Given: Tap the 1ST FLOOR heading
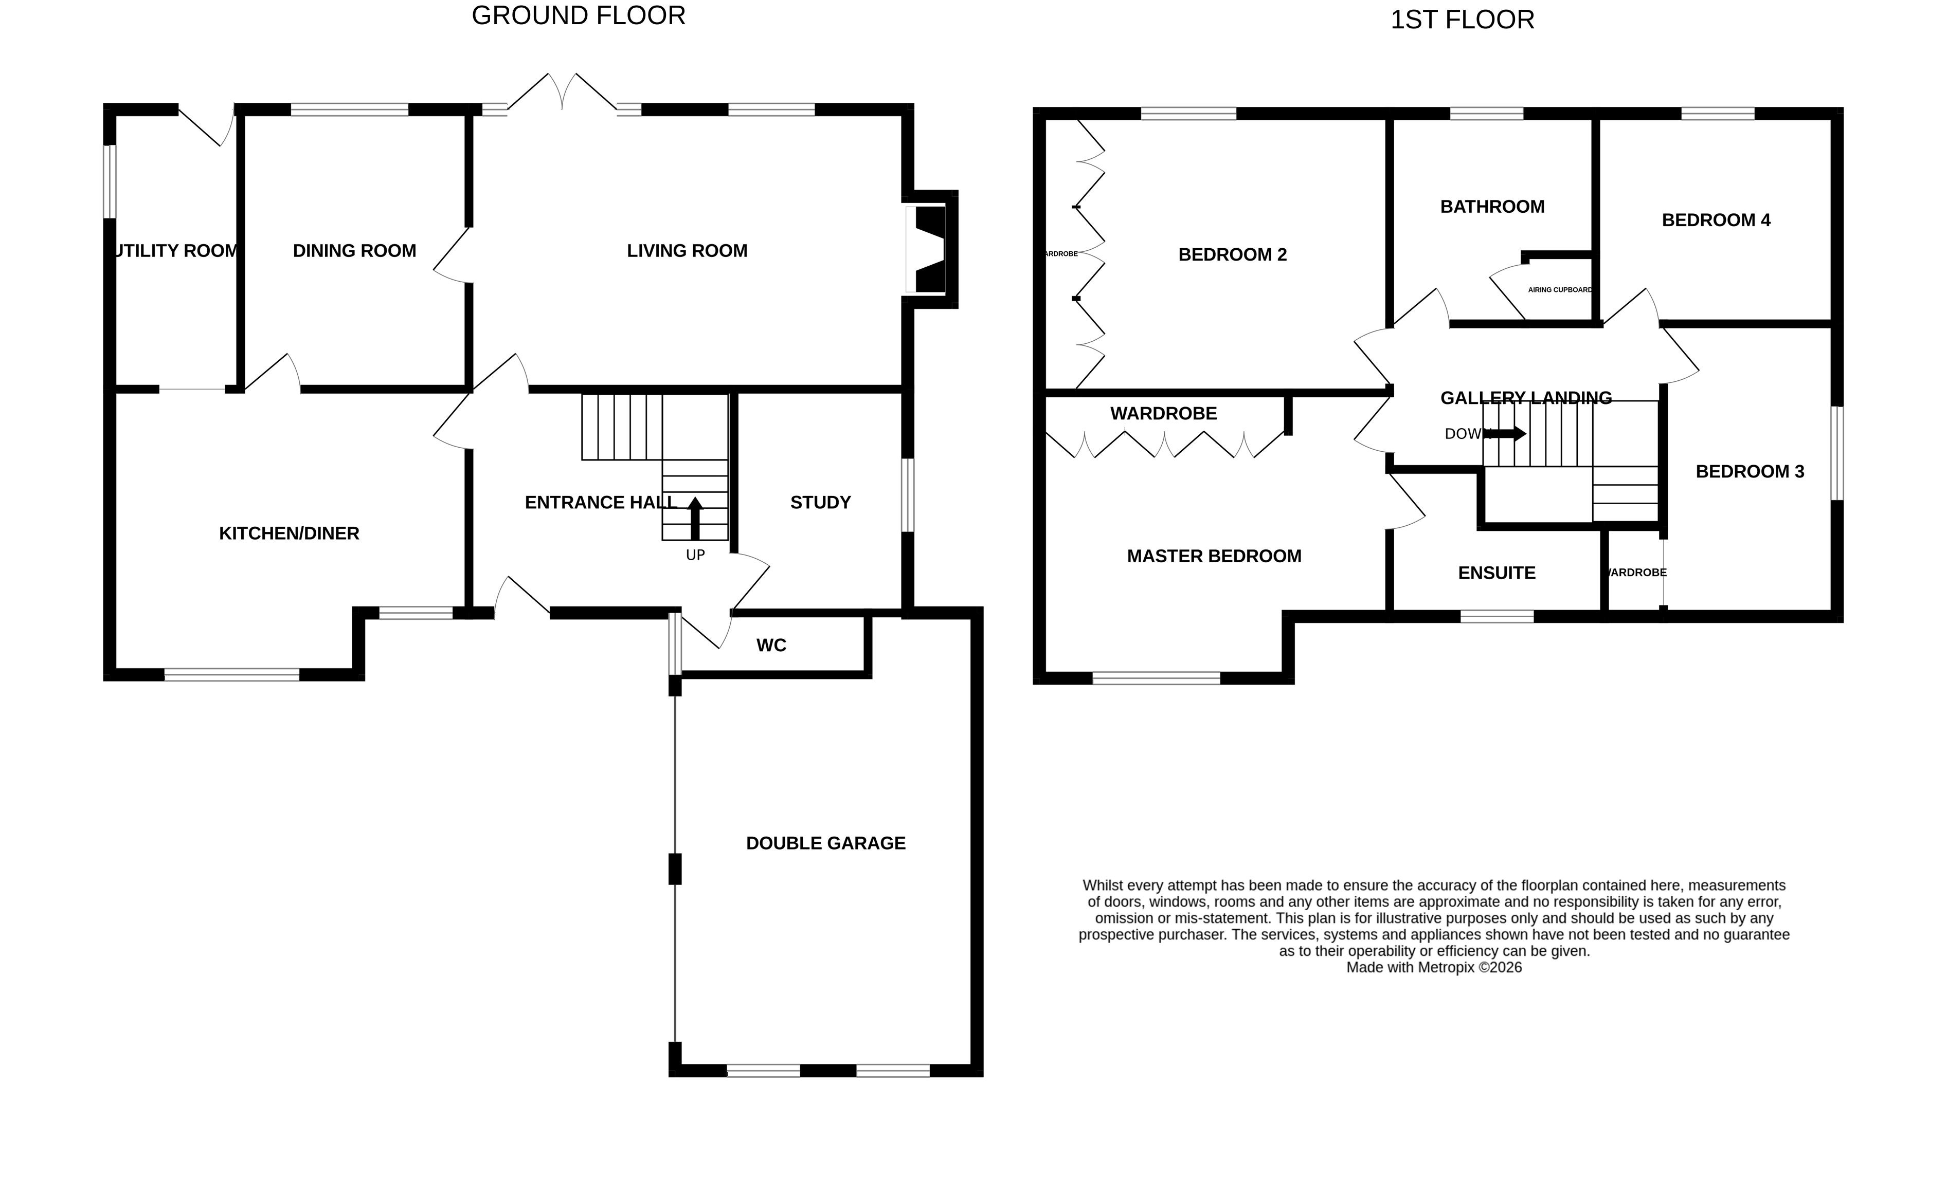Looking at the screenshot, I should [x=1462, y=20].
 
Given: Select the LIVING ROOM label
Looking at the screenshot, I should [x=687, y=251].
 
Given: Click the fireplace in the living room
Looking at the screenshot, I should [x=929, y=250].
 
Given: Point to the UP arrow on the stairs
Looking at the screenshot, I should [x=695, y=518].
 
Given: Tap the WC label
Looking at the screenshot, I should [x=771, y=646].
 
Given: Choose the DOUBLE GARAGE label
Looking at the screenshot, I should [x=826, y=843].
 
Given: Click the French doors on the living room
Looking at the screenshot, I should [x=562, y=93].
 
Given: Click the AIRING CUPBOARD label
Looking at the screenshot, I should [x=1559, y=290].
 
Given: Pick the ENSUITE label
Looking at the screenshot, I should [x=1497, y=574].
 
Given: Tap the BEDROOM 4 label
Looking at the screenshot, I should [x=1716, y=220].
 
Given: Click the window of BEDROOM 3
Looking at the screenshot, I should [x=1837, y=453].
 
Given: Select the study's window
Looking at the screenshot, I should [x=908, y=495].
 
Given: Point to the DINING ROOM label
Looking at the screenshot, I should [x=354, y=251].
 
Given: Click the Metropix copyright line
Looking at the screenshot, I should [x=1433, y=968].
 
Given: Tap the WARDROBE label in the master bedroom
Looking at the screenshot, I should [x=1163, y=414].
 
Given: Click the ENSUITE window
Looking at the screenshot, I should [x=1497, y=617].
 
